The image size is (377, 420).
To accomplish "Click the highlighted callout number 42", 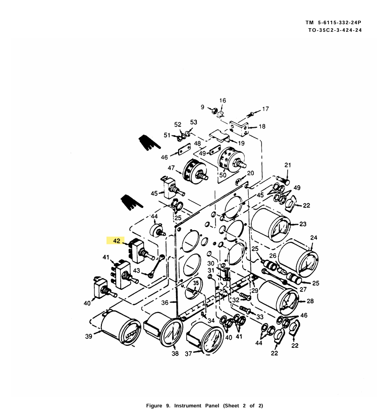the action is [117, 240].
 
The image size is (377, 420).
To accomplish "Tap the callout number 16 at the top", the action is [223, 100].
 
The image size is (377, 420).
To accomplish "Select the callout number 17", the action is [265, 109].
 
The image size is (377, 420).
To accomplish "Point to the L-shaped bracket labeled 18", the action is [239, 128].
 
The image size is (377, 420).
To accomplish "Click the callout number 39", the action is [89, 336].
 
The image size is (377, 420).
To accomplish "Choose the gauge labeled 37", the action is [205, 338].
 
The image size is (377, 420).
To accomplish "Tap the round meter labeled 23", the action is [271, 226].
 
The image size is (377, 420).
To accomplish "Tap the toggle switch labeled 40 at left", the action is [103, 288].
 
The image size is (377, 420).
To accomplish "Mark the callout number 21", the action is [288, 165].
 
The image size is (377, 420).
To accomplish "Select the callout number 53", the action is [194, 122].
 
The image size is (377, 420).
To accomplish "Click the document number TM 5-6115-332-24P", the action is [333, 23].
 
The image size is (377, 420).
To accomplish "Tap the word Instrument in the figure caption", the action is [188, 405].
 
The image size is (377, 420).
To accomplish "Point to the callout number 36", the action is [165, 302].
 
